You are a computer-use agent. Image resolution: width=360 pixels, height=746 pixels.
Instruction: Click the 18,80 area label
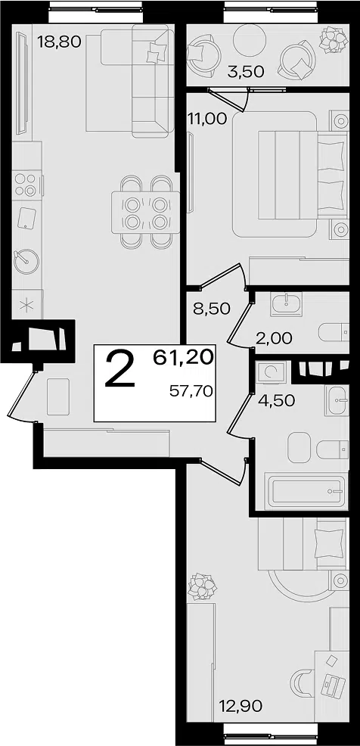[x=60, y=42]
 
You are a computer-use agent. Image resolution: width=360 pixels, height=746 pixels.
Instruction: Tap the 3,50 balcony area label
[x=245, y=73]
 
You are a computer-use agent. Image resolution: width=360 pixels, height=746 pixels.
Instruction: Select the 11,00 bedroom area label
[x=207, y=119]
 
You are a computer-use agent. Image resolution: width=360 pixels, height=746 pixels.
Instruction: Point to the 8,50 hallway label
[x=212, y=308]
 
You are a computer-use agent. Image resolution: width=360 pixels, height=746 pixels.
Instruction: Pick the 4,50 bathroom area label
[x=276, y=399]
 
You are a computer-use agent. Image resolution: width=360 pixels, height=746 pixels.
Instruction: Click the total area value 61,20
[x=183, y=357]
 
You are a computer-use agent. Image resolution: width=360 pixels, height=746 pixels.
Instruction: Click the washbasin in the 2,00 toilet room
[x=287, y=303]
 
